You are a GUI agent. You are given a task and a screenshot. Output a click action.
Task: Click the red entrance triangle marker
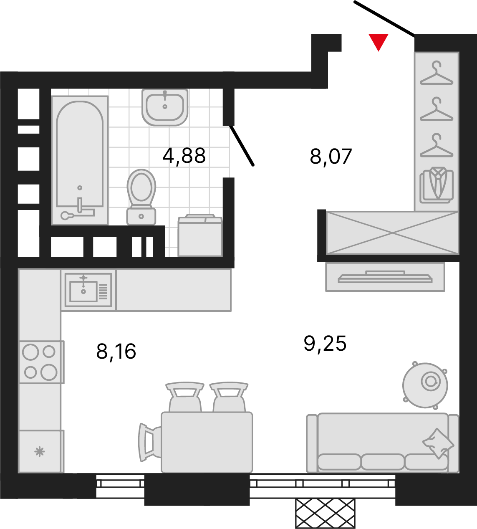pyautogui.click(x=379, y=41)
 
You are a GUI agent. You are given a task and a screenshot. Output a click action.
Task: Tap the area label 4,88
pyautogui.click(x=184, y=156)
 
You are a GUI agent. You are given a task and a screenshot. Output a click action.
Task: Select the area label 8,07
pyautogui.click(x=331, y=157)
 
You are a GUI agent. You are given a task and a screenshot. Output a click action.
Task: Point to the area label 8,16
pyautogui.click(x=116, y=351)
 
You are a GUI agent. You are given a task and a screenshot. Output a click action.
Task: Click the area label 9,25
pyautogui.click(x=325, y=343)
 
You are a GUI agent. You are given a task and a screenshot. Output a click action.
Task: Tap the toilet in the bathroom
pyautogui.click(x=141, y=197)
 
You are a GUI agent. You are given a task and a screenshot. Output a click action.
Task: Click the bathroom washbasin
pyautogui.click(x=165, y=107)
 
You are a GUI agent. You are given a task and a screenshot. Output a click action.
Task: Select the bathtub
pyautogui.click(x=80, y=160)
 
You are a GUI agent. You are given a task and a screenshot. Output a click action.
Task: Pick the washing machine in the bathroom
pyautogui.click(x=200, y=235)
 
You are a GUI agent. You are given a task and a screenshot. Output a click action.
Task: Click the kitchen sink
pyautogui.click(x=88, y=290)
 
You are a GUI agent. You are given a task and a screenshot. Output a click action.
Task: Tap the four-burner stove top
pyautogui.click(x=41, y=362)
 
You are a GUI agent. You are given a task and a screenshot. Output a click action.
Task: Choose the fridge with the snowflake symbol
pyautogui.click(x=41, y=451)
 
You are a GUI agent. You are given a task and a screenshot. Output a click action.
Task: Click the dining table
pyautogui.click(x=207, y=442)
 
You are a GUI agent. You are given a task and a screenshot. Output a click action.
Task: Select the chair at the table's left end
pyautogui.click(x=149, y=443)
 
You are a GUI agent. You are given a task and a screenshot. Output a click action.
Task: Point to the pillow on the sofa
pyautogui.click(x=438, y=443)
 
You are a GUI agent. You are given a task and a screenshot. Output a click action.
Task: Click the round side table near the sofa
pyautogui.click(x=425, y=385)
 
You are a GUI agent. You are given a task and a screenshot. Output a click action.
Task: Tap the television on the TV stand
pyautogui.click(x=385, y=277)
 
